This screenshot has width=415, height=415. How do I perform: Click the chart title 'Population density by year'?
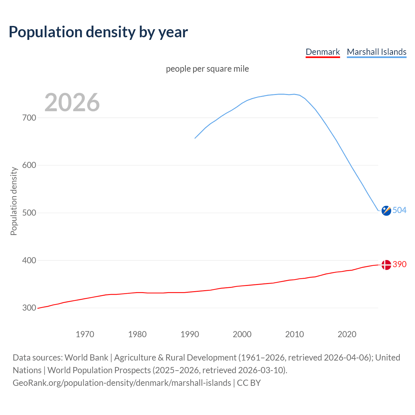pos(98,32)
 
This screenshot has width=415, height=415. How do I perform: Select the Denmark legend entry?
pos(323,52)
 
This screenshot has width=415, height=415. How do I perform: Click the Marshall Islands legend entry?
pos(376,52)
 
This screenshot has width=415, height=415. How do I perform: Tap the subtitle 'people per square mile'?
pos(207,69)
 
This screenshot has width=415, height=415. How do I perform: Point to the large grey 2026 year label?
pos(72,102)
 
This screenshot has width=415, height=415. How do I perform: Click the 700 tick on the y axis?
pos(29,118)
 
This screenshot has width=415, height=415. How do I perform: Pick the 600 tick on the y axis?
pos(29,165)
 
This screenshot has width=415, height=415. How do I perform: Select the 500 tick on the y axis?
pos(29,213)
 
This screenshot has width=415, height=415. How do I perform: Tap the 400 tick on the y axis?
pos(29,260)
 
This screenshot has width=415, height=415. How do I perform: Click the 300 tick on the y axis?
pos(29,308)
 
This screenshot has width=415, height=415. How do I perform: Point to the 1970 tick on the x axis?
pos(85,334)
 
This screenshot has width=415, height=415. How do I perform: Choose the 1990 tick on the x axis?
pos(190,334)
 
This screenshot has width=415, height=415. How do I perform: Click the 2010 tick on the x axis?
pos(294,334)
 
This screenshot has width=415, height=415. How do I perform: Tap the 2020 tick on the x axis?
pos(347,334)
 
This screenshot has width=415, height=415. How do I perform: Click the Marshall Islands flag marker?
pos(386,210)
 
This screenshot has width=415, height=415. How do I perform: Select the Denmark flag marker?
pos(386,265)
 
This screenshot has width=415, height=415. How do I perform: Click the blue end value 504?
pos(399,210)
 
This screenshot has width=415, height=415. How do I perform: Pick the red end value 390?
pos(399,265)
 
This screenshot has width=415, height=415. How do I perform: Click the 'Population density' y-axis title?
pos(14,201)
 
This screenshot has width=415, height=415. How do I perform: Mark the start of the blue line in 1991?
pos(195,138)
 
